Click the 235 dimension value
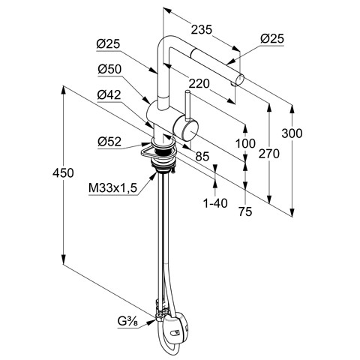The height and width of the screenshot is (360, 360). tap(202, 30)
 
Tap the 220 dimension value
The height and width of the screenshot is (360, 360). tap(199, 84)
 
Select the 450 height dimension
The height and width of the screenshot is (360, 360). tap(63, 173)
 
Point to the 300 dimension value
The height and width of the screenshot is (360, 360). tap(292, 133)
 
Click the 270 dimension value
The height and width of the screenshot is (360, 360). tap(269, 154)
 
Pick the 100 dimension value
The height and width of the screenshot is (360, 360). tap(245, 143)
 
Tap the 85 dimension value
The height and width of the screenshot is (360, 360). tap(202, 157)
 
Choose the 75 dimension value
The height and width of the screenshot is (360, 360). tap(245, 211)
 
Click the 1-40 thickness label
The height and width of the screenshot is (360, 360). tap(215, 203)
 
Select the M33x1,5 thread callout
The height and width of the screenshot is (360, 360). tap(113, 188)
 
